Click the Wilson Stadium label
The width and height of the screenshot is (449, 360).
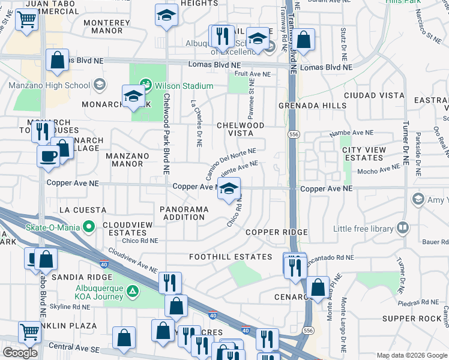click(x=184, y=86)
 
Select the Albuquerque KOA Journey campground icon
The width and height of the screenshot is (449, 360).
click(x=133, y=292)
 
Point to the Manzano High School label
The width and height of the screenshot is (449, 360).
click(x=49, y=85)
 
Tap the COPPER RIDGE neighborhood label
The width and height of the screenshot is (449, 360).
click(x=276, y=232)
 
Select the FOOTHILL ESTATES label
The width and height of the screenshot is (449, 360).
click(x=231, y=257)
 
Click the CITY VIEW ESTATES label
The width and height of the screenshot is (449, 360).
click(x=363, y=154)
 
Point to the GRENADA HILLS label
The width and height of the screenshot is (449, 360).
click(x=313, y=106)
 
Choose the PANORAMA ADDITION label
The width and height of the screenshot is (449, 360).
click(x=185, y=213)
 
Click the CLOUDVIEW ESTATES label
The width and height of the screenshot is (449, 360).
click(x=125, y=228)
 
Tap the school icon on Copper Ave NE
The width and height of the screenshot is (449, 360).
click(x=228, y=190)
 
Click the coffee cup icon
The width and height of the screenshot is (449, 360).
click(x=49, y=156)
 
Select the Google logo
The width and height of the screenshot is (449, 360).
click(x=20, y=353)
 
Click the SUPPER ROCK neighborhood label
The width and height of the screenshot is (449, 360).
click(x=412, y=319)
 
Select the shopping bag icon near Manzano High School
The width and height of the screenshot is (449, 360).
click(x=58, y=61)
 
